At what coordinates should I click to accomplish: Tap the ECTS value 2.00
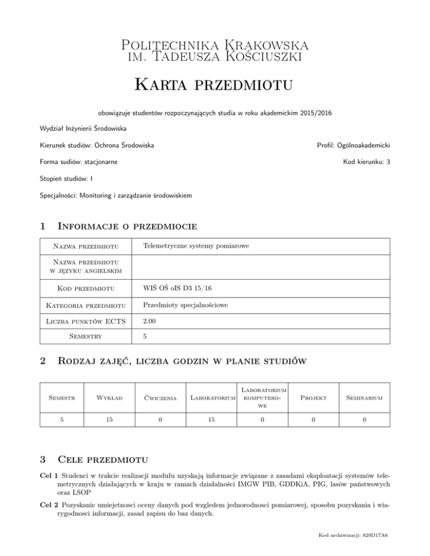(149, 322)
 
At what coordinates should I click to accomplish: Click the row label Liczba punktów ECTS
(83, 322)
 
